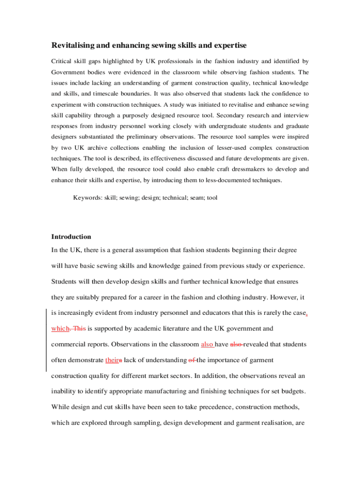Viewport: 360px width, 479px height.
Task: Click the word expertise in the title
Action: (229, 45)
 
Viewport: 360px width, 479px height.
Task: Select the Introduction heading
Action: (71, 237)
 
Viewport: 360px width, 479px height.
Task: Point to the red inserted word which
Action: (60, 328)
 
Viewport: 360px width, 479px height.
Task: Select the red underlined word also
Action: (207, 344)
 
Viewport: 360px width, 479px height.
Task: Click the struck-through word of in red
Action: (191, 360)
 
